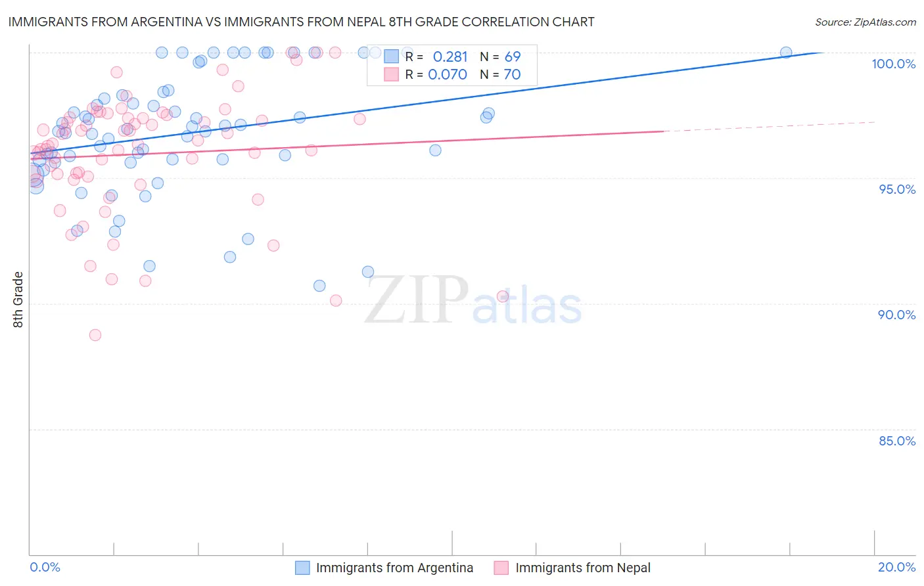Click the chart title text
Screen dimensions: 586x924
[301, 22]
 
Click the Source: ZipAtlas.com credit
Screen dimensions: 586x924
[865, 22]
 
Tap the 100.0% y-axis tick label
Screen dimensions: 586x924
[893, 64]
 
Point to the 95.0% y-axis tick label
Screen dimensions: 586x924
[896, 189]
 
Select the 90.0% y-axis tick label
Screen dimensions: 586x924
[896, 315]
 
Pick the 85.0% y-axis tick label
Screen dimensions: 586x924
[896, 441]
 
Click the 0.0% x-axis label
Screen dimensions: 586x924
[45, 567]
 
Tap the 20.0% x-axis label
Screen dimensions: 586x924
[896, 567]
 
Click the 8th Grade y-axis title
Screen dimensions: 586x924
[18, 300]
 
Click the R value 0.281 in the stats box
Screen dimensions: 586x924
[450, 56]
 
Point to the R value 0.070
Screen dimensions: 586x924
[447, 74]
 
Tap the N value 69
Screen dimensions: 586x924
[512, 56]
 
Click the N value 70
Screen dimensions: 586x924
[512, 74]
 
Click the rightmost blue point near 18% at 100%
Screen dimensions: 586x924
[786, 53]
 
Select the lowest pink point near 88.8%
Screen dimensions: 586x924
[95, 335]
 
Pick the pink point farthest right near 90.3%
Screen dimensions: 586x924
[503, 296]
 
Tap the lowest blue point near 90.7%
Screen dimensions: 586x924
[319, 286]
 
